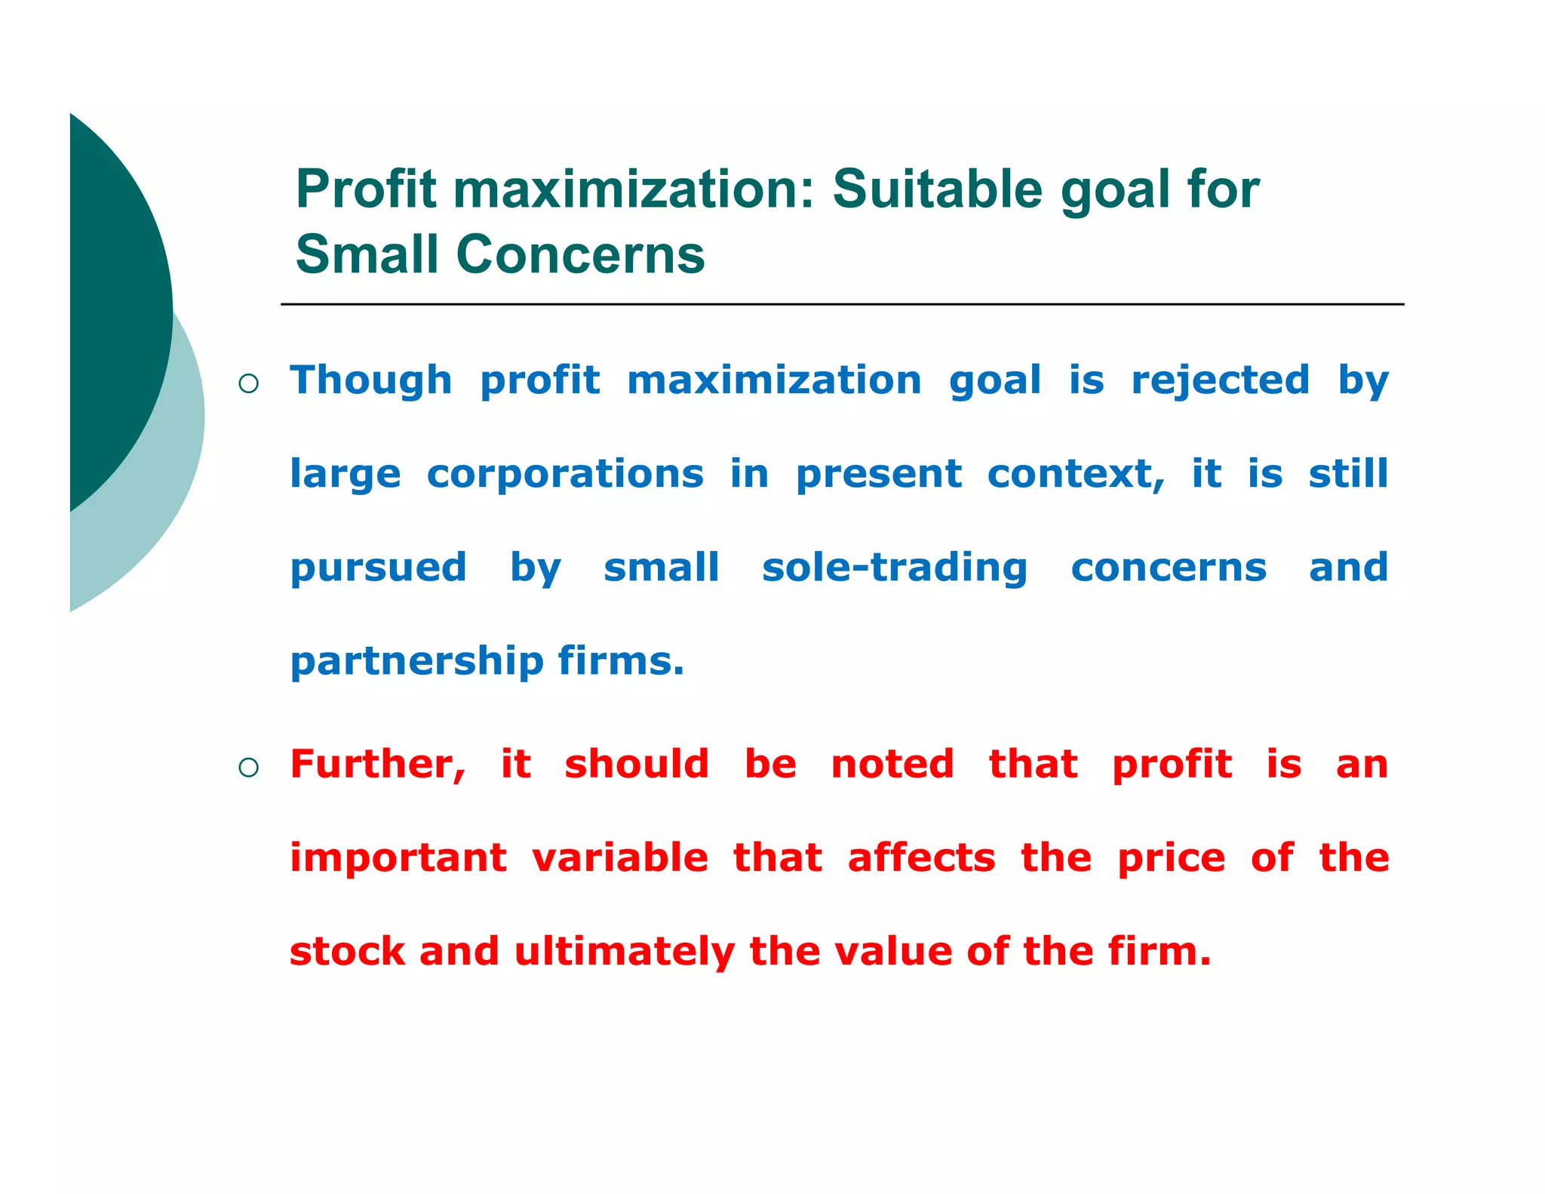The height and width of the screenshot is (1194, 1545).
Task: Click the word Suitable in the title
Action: pyautogui.click(x=938, y=189)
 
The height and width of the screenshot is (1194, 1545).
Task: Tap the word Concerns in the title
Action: pyautogui.click(x=580, y=254)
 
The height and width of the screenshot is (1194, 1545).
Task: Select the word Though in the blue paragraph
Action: pyautogui.click(x=370, y=380)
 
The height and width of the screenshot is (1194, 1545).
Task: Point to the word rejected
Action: pyautogui.click(x=1220, y=381)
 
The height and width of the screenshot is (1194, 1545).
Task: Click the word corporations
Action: pyautogui.click(x=565, y=474)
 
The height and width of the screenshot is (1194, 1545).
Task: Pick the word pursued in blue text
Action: pyautogui.click(x=378, y=568)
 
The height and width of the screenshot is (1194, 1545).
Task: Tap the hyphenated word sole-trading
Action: pyautogui.click(x=894, y=568)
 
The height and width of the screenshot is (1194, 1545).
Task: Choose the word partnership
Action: pyautogui.click(x=416, y=662)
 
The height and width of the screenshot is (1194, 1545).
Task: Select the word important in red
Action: pyautogui.click(x=398, y=859)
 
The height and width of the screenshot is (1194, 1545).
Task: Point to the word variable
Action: pyautogui.click(x=619, y=858)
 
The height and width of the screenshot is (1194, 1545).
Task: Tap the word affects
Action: pyautogui.click(x=921, y=858)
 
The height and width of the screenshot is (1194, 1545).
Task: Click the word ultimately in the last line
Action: pyautogui.click(x=624, y=952)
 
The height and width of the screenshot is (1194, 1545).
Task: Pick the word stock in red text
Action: pyautogui.click(x=347, y=952)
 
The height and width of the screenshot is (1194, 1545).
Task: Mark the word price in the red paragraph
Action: pyautogui.click(x=1171, y=859)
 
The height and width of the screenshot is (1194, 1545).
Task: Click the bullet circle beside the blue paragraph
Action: pyautogui.click(x=248, y=384)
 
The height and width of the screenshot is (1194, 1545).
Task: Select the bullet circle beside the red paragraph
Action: pyautogui.click(x=248, y=768)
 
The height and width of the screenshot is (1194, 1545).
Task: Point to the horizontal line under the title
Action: pyautogui.click(x=841, y=304)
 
